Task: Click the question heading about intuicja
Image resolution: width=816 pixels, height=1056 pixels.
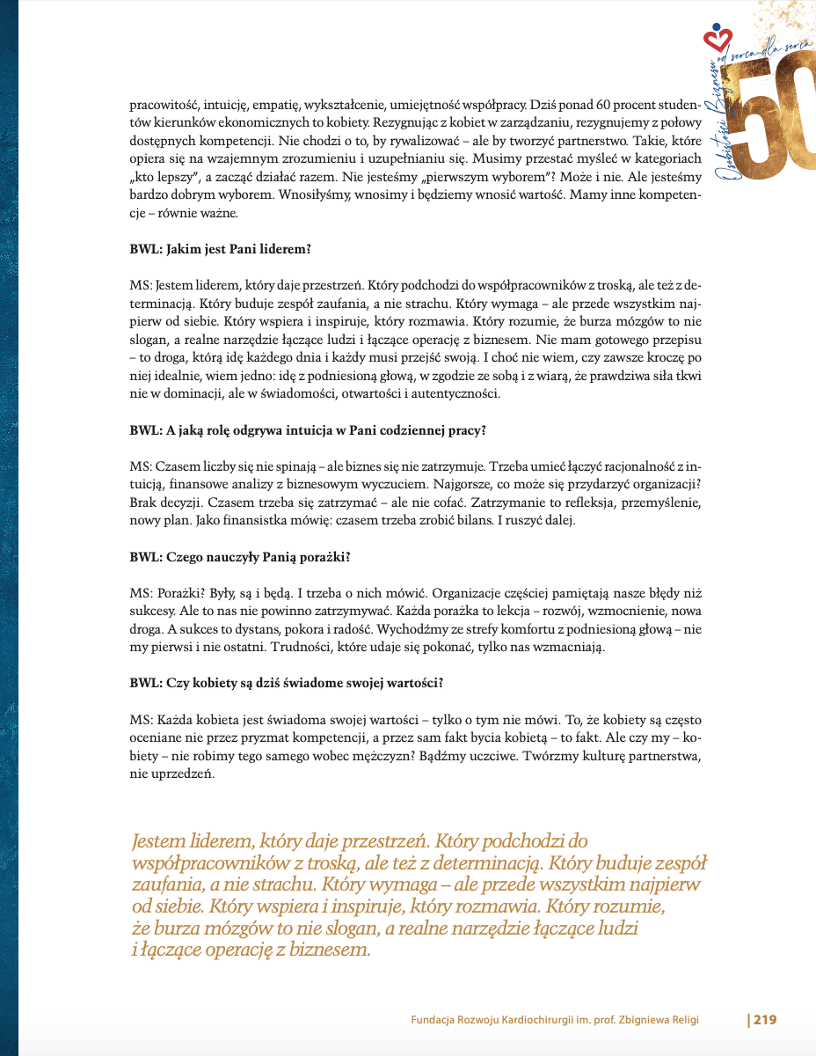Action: click(308, 430)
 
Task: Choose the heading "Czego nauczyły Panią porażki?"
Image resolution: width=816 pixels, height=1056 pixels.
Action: click(240, 556)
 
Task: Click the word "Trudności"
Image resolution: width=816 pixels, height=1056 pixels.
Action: click(390, 647)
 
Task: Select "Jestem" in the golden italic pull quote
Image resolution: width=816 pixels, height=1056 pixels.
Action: click(157, 842)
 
